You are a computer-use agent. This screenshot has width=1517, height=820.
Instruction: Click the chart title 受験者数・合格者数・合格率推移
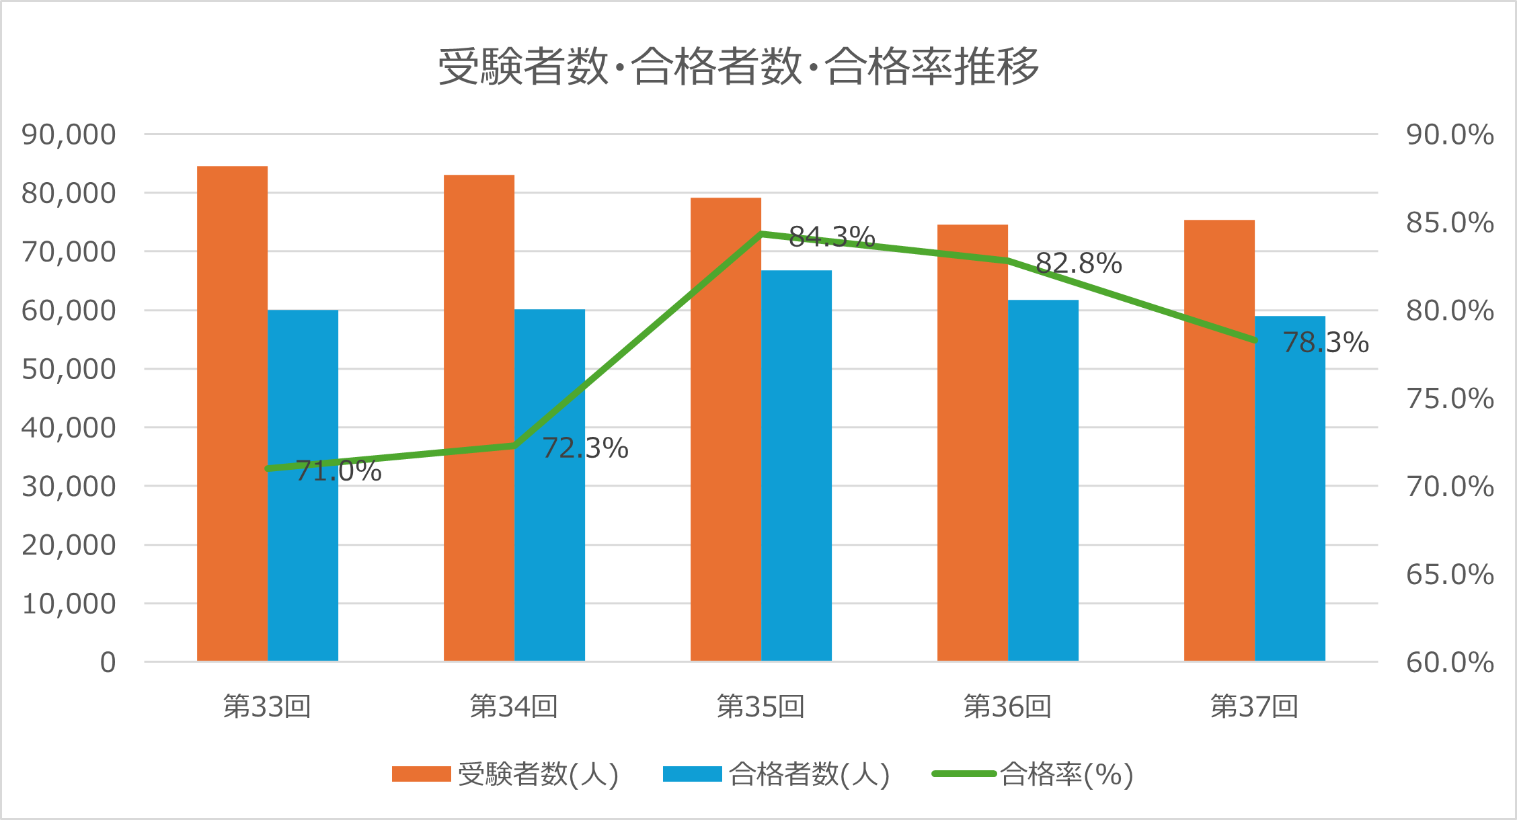point(738,67)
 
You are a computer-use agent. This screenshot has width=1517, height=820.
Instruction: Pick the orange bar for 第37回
point(1219,437)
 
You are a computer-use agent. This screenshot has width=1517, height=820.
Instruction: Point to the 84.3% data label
point(832,237)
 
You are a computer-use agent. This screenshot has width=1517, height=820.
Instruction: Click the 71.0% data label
point(338,471)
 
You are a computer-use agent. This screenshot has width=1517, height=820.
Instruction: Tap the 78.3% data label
point(1325,343)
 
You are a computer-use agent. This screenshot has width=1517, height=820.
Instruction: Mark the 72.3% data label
point(585,448)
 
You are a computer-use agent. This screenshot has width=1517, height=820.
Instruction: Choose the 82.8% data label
point(1079,263)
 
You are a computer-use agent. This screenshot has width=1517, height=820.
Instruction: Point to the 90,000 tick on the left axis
point(69,134)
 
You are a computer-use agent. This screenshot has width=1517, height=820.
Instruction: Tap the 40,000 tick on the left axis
point(69,427)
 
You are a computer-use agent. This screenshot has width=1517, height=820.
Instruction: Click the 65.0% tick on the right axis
point(1450,575)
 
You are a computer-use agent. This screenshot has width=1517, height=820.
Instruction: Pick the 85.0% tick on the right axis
point(1450,222)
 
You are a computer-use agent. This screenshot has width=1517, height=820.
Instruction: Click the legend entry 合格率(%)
point(1066,774)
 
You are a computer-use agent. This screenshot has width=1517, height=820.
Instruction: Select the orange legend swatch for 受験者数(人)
point(421,774)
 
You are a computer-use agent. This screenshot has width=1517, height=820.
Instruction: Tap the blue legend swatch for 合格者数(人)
point(692,774)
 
